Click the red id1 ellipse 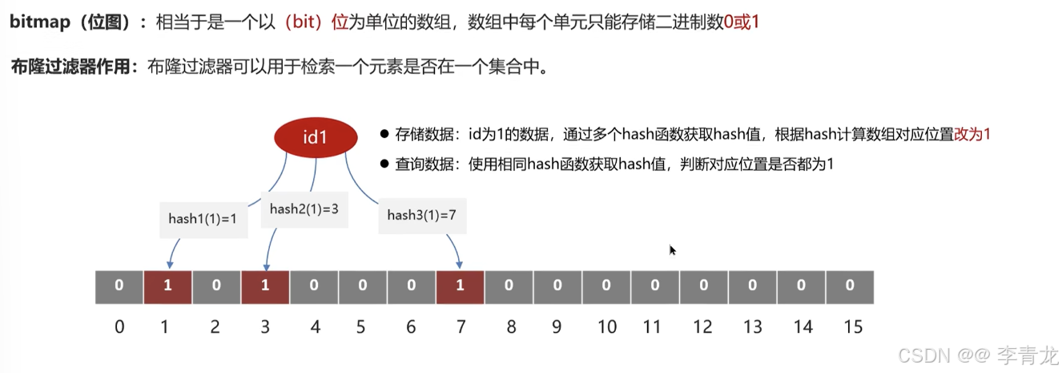[315, 137]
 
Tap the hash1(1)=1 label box [203, 217]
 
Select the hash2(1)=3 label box [304, 209]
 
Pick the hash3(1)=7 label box [421, 214]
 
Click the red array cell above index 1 [168, 286]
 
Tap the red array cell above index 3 [265, 286]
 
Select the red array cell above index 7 [460, 286]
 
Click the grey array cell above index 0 [119, 286]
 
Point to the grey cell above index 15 [850, 286]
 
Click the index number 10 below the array [606, 327]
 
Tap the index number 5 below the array [362, 327]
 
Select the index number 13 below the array [753, 327]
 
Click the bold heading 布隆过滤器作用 [70, 67]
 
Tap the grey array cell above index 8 [509, 286]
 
